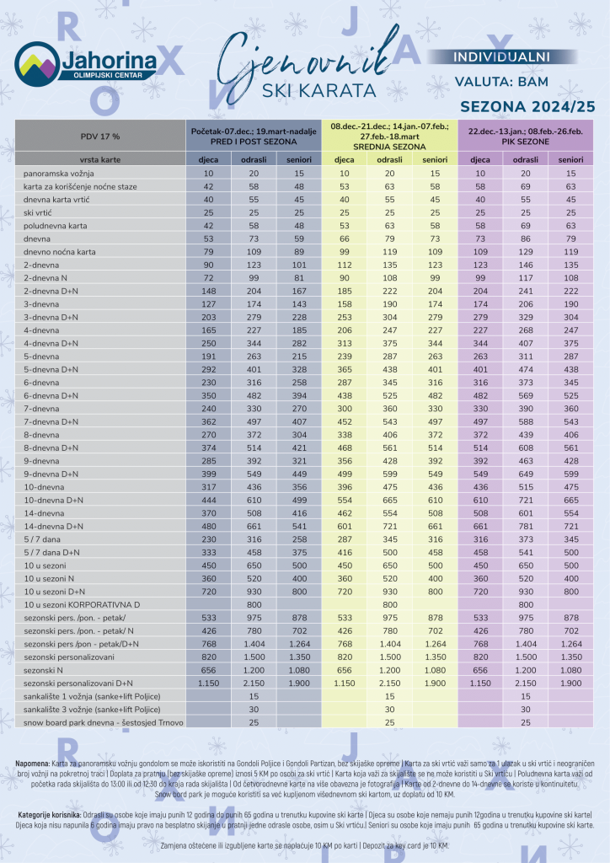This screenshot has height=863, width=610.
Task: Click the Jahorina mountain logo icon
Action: click(x=36, y=63)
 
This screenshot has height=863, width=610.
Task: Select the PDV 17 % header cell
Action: click(x=100, y=136)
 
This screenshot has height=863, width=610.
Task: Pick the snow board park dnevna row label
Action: click(x=102, y=722)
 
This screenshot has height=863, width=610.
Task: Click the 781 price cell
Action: click(x=526, y=526)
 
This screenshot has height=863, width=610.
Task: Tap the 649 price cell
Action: click(x=526, y=474)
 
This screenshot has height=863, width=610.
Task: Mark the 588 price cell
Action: click(x=526, y=421)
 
